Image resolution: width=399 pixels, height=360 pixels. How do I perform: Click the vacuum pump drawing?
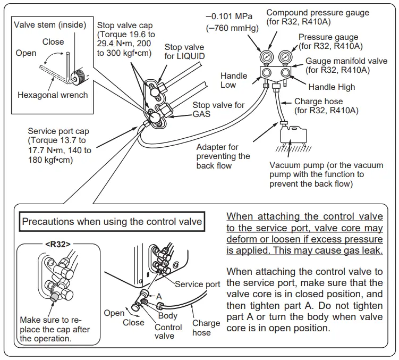(291, 133)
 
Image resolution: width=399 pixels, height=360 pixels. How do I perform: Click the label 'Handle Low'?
(234, 80)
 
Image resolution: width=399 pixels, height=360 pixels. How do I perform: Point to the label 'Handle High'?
(332, 87)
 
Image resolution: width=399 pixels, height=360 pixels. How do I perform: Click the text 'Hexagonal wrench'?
(53, 95)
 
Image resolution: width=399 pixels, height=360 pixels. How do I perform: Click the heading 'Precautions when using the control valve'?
(112, 221)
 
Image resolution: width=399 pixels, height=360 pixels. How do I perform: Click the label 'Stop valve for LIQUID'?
(184, 52)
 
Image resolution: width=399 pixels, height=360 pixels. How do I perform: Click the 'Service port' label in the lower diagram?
(198, 284)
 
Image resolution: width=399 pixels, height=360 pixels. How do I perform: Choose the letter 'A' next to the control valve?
(158, 295)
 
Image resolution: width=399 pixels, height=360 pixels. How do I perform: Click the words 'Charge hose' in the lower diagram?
(206, 328)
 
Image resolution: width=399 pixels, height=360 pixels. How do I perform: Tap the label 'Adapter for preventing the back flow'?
(223, 156)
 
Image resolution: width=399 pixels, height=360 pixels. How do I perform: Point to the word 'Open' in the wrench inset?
(26, 53)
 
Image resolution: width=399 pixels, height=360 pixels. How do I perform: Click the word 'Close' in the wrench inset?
(53, 41)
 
